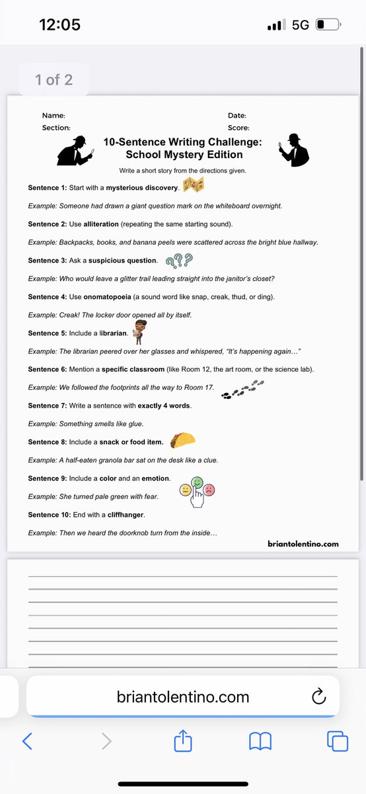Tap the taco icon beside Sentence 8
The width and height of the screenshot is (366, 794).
tap(182, 440)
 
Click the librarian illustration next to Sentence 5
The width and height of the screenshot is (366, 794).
tap(139, 331)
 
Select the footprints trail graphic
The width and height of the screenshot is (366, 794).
tap(242, 390)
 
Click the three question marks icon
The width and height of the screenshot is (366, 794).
tap(179, 260)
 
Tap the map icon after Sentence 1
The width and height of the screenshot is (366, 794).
tap(194, 186)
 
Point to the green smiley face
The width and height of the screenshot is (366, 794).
tap(197, 482)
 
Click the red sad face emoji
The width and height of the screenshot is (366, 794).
tap(209, 490)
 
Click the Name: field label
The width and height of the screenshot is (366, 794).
tap(54, 115)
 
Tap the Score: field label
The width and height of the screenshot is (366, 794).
tap(238, 128)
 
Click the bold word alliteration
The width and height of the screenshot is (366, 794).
tap(108, 224)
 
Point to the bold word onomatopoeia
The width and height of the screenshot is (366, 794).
tap(108, 297)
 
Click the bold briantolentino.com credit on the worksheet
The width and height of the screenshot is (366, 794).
tap(303, 544)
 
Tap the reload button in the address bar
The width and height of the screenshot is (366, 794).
tap(318, 696)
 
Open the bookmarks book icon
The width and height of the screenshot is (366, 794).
tap(260, 741)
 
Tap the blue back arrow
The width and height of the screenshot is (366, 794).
tap(28, 741)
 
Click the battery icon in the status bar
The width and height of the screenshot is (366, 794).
tap(328, 25)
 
